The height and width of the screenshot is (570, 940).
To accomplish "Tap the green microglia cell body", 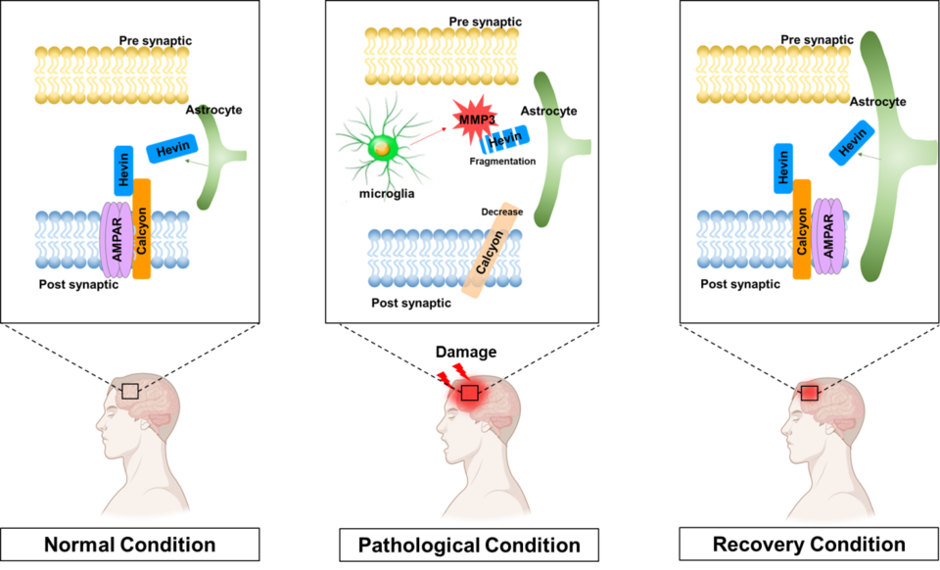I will (x=380, y=149).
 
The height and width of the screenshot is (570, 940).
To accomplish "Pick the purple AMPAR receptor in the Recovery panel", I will (x=826, y=237).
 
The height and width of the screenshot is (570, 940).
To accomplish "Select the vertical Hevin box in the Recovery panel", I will (x=783, y=167).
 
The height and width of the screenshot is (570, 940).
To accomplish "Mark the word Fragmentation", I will (x=502, y=161).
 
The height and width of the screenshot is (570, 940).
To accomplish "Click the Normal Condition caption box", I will (x=130, y=545).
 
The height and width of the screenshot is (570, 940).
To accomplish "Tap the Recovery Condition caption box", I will (x=809, y=545).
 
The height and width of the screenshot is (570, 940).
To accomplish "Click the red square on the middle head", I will (x=469, y=393).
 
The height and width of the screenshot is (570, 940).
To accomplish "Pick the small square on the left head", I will (x=129, y=392).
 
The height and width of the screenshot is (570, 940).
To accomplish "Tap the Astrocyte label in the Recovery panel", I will (x=877, y=101).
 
